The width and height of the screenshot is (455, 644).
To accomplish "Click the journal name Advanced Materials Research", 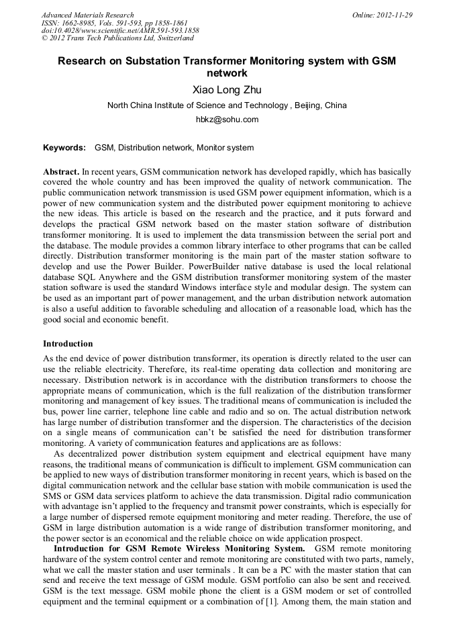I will coord(87,15).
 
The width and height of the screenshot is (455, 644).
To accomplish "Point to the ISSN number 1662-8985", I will coord(78,23).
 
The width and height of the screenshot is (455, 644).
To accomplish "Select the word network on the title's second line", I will coord(227,73).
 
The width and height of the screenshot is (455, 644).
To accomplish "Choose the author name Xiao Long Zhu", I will coord(227,90).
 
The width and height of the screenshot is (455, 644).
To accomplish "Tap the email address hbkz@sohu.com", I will coord(227,120).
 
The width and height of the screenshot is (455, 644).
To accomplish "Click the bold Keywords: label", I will coord(64,148).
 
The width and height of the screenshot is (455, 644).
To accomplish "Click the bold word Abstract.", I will coord(61,172).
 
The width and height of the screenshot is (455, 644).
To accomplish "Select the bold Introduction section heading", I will coord(68,344).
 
